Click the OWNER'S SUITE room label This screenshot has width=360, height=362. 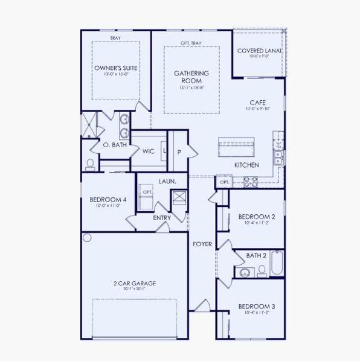pos(115,68)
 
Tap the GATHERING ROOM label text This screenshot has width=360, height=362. pos(187,77)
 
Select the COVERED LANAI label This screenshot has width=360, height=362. pos(259,51)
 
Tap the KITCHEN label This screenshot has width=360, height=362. pos(246,165)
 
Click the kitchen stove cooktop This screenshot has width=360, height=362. pos(250,180)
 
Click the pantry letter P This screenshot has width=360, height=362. pos(179,151)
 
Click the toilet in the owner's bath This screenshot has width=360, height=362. pos(91,164)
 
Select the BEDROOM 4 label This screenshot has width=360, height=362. pos(108,200)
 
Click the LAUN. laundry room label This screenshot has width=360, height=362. pos(167,181)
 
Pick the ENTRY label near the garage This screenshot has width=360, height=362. pos(161,218)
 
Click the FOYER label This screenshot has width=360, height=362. pos(202,244)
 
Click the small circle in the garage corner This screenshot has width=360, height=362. pos(87,238)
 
